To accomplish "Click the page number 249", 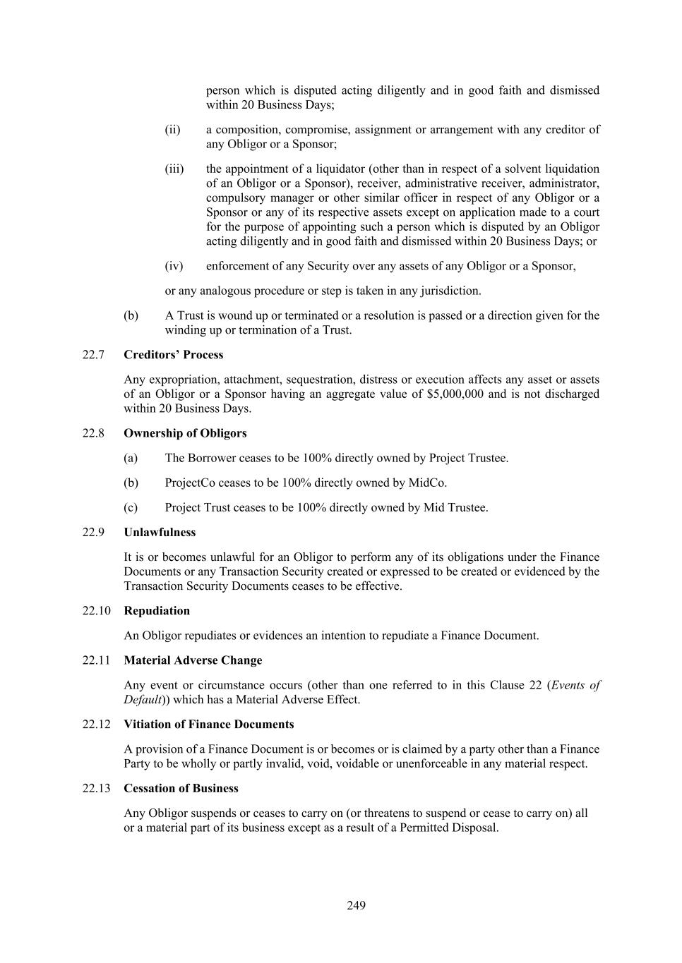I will tap(356, 905).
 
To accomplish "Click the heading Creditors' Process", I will tap(173, 354).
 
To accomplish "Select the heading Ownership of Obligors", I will tap(185, 432).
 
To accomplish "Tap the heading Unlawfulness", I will tap(160, 532).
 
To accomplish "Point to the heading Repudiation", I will tap(157, 610).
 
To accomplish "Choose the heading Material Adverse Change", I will tap(193, 660).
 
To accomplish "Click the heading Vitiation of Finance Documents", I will tap(208, 724).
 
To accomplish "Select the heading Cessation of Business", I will tap(181, 788).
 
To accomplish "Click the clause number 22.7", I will tap(93, 354).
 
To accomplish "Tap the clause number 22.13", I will tap(96, 788).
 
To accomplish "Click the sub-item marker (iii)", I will tap(174, 169).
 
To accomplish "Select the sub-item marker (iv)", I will tap(174, 266).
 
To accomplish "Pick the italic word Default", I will tap(142, 700).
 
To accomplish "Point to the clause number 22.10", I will tap(96, 610).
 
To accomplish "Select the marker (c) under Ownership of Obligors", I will tap(130, 507).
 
